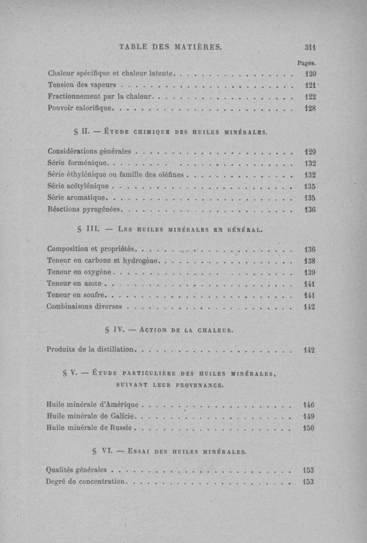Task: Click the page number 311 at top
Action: pyautogui.click(x=310, y=48)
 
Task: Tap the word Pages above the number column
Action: pyautogui.click(x=306, y=62)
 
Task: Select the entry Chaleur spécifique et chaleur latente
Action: pyautogui.click(x=111, y=74)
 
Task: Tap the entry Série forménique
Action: pyautogui.click(x=77, y=163)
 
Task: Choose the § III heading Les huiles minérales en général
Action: pyautogui.click(x=171, y=228)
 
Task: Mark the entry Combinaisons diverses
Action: pyautogui.click(x=85, y=307)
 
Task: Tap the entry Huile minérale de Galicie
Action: pyautogui.click(x=92, y=416)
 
